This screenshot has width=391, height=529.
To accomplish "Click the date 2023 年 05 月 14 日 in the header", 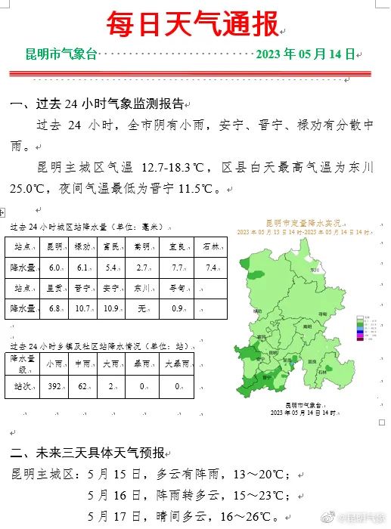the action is tap(305, 54).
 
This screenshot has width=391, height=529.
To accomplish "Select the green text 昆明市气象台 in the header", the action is tap(61, 54).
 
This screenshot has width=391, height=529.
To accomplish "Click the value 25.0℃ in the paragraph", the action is tap(31, 189).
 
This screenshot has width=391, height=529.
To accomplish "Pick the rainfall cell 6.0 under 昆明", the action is tap(55, 268).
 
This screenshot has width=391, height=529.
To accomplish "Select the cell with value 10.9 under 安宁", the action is tap(111, 308).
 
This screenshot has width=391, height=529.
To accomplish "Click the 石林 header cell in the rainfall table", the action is tap(211, 246).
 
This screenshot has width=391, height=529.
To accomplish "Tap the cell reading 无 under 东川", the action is tap(141, 308).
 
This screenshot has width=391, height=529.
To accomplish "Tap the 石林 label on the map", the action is tap(324, 372).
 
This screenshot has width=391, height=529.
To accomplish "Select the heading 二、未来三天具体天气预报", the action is tap(88, 453).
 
